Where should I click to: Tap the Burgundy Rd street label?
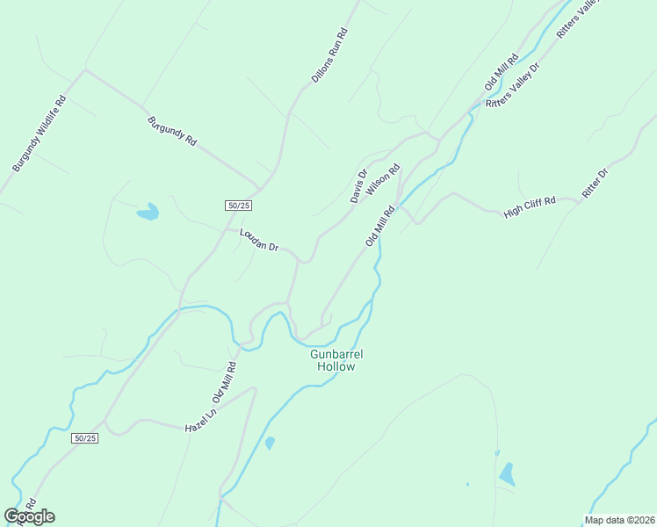(x=172, y=131)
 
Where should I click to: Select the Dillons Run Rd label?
(x=330, y=56)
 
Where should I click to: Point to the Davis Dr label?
(x=358, y=185)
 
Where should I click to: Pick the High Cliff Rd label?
(x=531, y=207)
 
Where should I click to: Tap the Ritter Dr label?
(x=595, y=183)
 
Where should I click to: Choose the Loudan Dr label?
(x=258, y=242)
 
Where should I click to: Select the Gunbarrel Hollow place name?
(x=336, y=360)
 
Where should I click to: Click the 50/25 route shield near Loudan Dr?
(x=239, y=206)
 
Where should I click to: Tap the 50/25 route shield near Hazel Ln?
(x=84, y=438)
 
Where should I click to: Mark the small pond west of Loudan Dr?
(x=148, y=212)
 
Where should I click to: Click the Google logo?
(x=30, y=516)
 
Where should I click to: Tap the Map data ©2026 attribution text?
(x=619, y=520)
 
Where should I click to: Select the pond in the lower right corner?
(x=507, y=474)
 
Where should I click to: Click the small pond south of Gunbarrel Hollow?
(x=270, y=444)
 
